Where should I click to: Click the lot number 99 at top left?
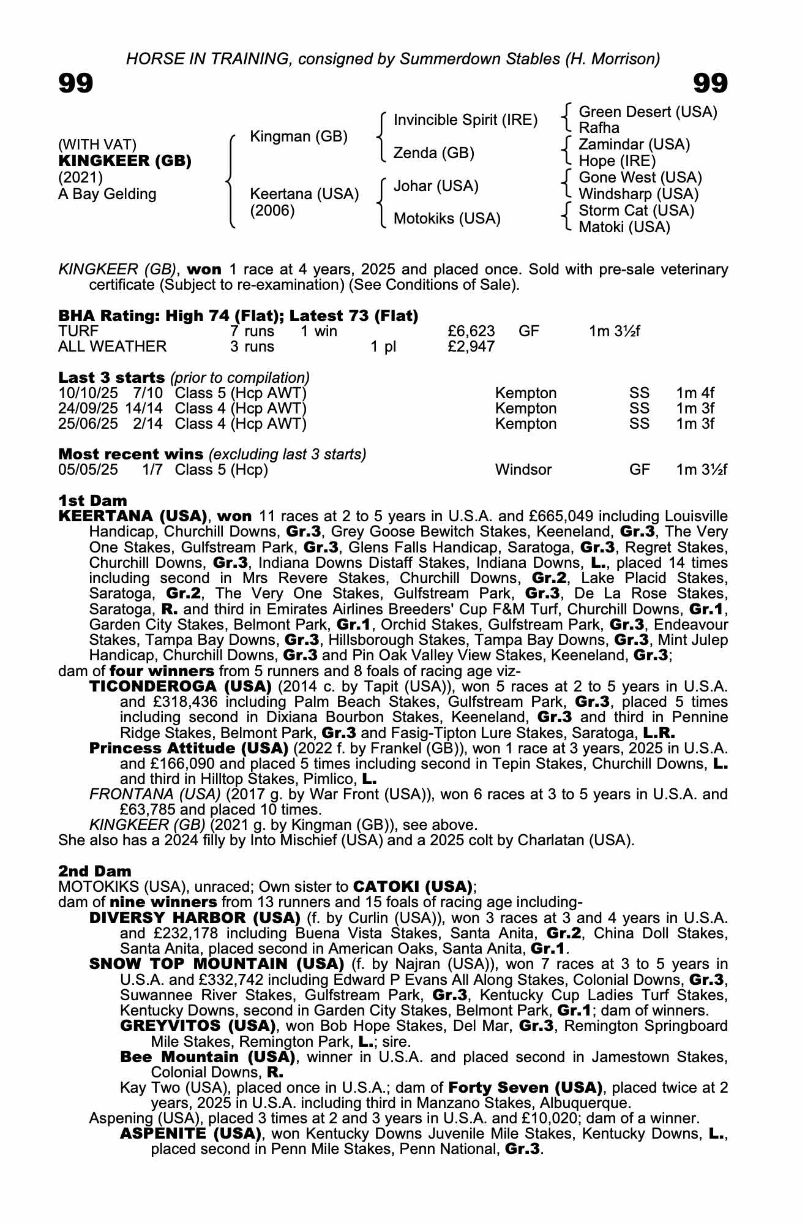point(76,83)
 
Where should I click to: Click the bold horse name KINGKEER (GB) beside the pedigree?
point(125,161)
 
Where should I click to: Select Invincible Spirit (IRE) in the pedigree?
point(465,120)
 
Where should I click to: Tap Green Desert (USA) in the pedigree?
point(648,112)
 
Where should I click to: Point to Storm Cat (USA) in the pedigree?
point(636,211)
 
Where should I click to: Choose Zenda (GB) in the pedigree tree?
point(433,153)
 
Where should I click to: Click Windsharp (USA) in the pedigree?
point(638,194)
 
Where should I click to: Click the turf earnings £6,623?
point(471,331)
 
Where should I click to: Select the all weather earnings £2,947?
point(471,347)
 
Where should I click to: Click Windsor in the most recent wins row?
point(523,470)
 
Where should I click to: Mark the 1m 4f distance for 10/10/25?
point(695,393)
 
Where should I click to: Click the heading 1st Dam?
point(92,501)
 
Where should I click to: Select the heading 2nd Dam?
point(95,871)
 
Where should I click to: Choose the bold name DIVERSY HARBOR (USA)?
point(195,918)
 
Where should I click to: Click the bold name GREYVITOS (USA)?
point(197,1025)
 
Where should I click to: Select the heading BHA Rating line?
point(238,316)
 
